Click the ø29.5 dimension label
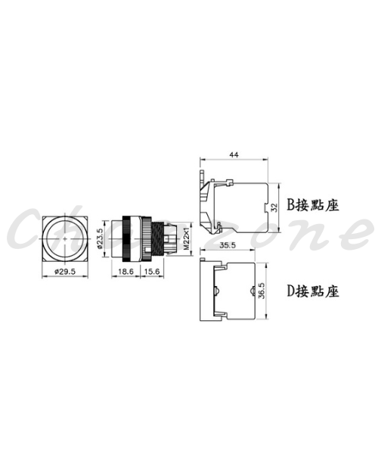[x=65, y=272]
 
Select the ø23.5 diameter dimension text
[x=101, y=238]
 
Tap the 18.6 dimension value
[x=125, y=272]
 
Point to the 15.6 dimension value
[x=152, y=272]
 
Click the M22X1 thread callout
[x=186, y=239]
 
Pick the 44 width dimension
[x=234, y=154]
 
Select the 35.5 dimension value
[x=228, y=245]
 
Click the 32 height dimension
[x=274, y=207]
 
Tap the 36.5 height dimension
[x=262, y=291]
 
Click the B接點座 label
[x=313, y=205]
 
